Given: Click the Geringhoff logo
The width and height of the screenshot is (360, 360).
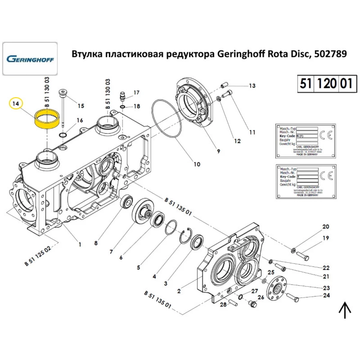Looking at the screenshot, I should [x=30, y=58].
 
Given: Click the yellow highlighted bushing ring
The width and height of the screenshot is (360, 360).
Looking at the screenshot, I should [x=46, y=119].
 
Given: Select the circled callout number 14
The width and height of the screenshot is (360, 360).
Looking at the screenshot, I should [x=15, y=104].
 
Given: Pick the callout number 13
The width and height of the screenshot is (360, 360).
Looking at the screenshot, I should [x=251, y=86].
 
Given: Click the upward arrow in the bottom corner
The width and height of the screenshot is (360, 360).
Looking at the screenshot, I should [x=345, y=310].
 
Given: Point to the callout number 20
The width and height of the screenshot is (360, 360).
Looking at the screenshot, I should [x=325, y=227].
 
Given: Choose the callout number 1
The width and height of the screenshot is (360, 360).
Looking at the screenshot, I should [x=80, y=244].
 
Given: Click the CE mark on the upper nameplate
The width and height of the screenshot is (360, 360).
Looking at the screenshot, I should [x=323, y=135].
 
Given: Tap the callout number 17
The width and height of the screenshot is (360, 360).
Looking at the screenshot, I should [x=136, y=93].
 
